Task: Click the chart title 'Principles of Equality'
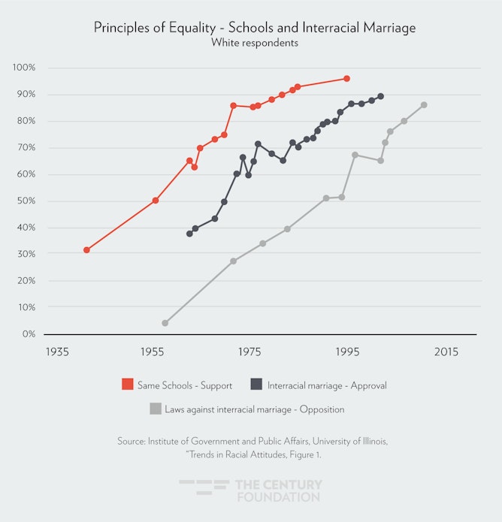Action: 255,28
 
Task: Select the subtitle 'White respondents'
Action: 255,43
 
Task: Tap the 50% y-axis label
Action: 26,201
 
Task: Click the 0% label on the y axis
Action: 29,333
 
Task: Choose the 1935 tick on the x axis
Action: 57,352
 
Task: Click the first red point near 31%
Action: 86,250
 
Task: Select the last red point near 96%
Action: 346,78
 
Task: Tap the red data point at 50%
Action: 156,201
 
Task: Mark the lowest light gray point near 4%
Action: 165,323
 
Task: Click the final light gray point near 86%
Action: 424,104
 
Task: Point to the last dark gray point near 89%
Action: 380,96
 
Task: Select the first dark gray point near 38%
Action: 189,234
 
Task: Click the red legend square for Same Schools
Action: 128,385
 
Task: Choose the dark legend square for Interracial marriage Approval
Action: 257,385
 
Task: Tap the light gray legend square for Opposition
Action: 156,409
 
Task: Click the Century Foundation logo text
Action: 278,490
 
